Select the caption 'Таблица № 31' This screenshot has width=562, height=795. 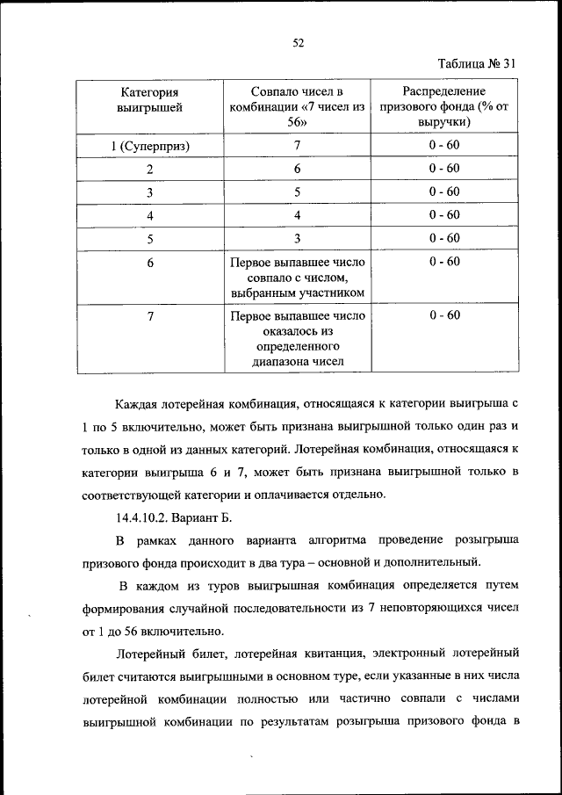click(475, 63)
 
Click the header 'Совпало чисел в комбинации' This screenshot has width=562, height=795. click(297, 106)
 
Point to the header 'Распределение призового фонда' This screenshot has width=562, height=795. click(444, 106)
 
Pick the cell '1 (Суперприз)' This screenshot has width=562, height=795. click(150, 145)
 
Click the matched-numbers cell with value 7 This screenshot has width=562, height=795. click(297, 145)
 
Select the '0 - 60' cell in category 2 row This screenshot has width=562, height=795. click(444, 168)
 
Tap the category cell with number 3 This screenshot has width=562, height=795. click(150, 192)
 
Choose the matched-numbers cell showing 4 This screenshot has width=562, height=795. click(297, 215)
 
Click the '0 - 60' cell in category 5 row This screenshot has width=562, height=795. click(444, 238)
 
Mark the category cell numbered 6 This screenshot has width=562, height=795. click(150, 263)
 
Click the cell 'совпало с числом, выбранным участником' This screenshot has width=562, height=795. click(297, 278)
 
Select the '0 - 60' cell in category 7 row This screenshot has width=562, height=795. click(444, 315)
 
